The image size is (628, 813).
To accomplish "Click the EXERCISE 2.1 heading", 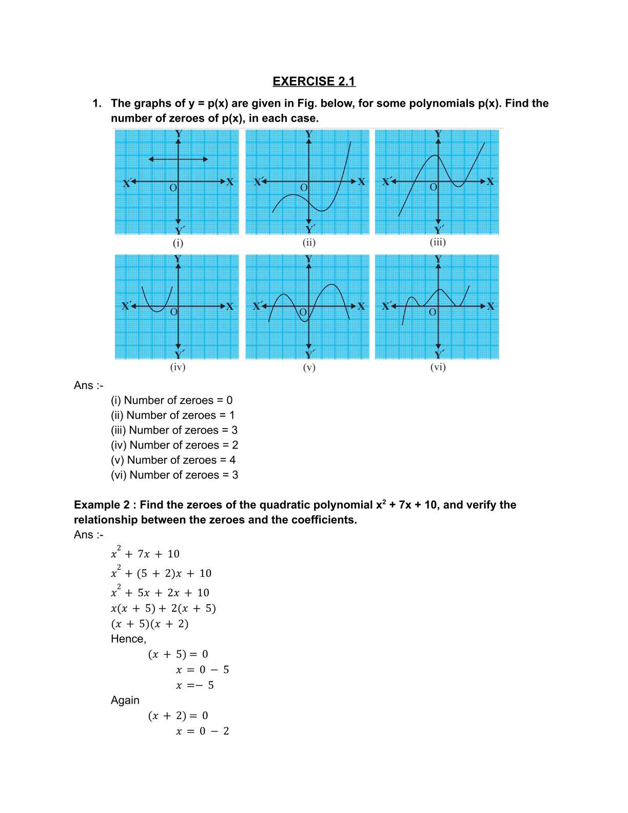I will [x=313, y=81].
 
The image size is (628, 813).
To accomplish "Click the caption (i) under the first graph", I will [x=178, y=243].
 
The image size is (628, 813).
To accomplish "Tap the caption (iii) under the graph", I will [x=438, y=242].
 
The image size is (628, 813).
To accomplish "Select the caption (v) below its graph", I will [x=309, y=367].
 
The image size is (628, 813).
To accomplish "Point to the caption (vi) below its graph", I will [x=438, y=367].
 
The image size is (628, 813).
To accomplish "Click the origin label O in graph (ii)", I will [x=303, y=188].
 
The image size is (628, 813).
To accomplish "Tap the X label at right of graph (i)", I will [x=229, y=182].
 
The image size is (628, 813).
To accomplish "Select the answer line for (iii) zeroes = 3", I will [x=174, y=430].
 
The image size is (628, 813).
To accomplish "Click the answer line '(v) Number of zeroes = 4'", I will [x=173, y=460].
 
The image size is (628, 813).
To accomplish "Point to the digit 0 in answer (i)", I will [x=229, y=400].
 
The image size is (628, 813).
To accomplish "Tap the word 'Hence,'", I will [x=128, y=639].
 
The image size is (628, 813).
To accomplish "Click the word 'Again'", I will [x=125, y=701].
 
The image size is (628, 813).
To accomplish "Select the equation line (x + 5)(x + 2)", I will [x=150, y=624].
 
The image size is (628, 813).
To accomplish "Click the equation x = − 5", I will [x=194, y=685].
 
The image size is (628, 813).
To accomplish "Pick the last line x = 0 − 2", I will [x=202, y=731].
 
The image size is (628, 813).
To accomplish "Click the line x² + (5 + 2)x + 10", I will [x=161, y=573].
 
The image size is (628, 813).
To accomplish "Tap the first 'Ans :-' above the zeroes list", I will [x=88, y=385].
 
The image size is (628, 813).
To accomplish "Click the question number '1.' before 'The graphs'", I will [x=97, y=104].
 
